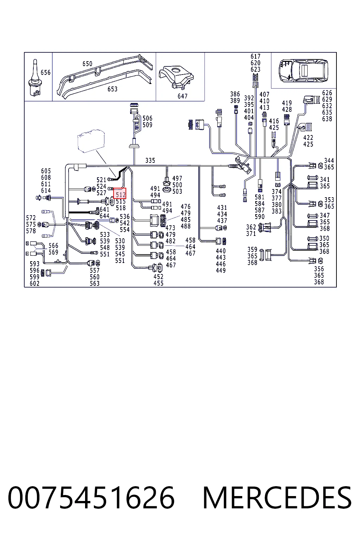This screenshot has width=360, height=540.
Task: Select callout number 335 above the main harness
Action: click(150, 160)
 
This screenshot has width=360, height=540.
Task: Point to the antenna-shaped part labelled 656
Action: click(35, 78)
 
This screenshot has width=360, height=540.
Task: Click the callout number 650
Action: click(87, 64)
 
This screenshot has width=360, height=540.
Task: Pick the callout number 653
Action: click(112, 89)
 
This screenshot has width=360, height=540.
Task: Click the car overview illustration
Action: click(303, 70)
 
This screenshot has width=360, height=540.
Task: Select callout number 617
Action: click(255, 56)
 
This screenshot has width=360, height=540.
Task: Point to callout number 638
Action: click(327, 119)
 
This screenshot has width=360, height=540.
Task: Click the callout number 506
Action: click(147, 118)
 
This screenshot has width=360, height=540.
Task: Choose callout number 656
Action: click(46, 72)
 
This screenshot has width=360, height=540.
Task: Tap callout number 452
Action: click(159, 277)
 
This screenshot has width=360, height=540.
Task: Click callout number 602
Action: click(34, 283)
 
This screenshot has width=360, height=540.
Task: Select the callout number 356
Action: click(319, 269)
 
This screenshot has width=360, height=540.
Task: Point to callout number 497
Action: click(177, 178)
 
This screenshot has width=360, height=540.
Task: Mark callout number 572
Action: click(31, 218)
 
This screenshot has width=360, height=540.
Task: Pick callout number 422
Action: click(308, 138)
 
